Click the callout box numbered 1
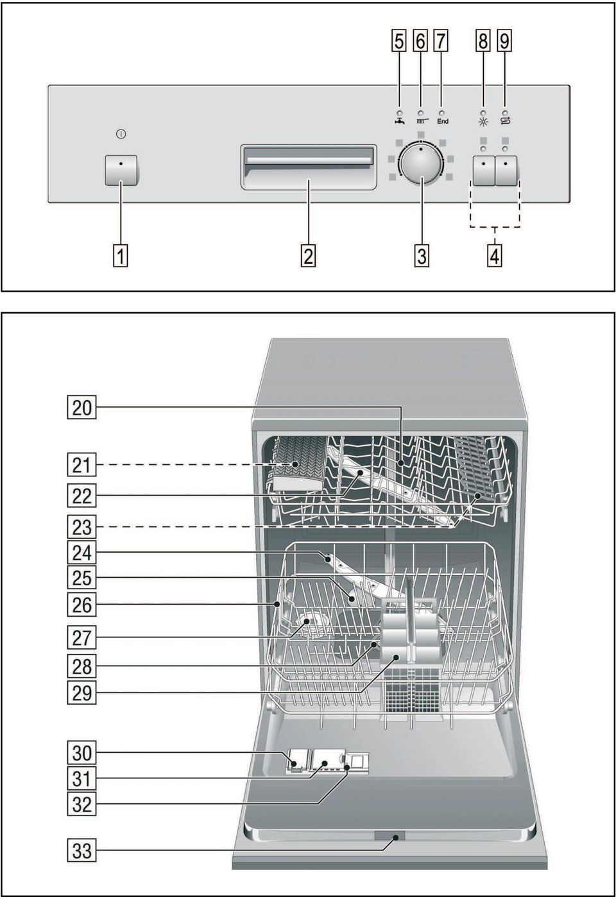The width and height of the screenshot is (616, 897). point(121,256)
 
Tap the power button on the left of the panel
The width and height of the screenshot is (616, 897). point(121,170)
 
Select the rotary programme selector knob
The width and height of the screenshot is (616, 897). point(421,163)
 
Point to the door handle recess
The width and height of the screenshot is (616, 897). point(309,167)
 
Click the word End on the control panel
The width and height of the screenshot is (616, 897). point(443,121)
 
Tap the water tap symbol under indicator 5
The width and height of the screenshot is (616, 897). point(399,121)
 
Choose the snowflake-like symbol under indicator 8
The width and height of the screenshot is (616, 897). point(483,122)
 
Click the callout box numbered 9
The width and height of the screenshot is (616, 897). point(504,41)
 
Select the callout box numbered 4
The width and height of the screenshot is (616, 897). point(495,256)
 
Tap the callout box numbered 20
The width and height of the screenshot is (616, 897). point(81,408)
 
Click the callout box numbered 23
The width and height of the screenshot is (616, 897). point(81,528)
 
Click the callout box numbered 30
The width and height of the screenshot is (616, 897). point(81,753)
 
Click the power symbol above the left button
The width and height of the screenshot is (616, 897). point(121,134)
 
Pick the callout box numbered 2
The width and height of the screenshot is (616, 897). point(308,256)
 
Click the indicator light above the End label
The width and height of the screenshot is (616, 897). point(441,113)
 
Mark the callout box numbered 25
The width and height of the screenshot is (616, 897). point(81,578)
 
